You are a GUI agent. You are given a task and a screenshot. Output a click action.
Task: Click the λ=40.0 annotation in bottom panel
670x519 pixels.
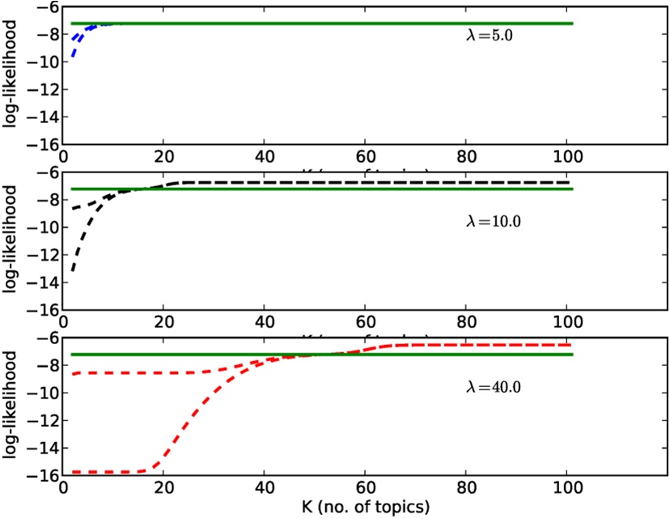click(x=492, y=386)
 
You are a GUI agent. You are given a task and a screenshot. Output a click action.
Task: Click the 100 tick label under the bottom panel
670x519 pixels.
click(x=567, y=488)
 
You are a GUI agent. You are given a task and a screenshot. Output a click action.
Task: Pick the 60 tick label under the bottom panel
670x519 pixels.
click(x=366, y=488)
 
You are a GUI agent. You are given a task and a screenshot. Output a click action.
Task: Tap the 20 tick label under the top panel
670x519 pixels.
click(x=164, y=156)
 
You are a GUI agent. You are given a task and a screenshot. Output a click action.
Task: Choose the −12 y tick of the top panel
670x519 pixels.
click(x=42, y=89)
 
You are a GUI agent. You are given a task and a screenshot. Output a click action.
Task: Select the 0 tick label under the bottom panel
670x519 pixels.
click(x=63, y=488)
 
